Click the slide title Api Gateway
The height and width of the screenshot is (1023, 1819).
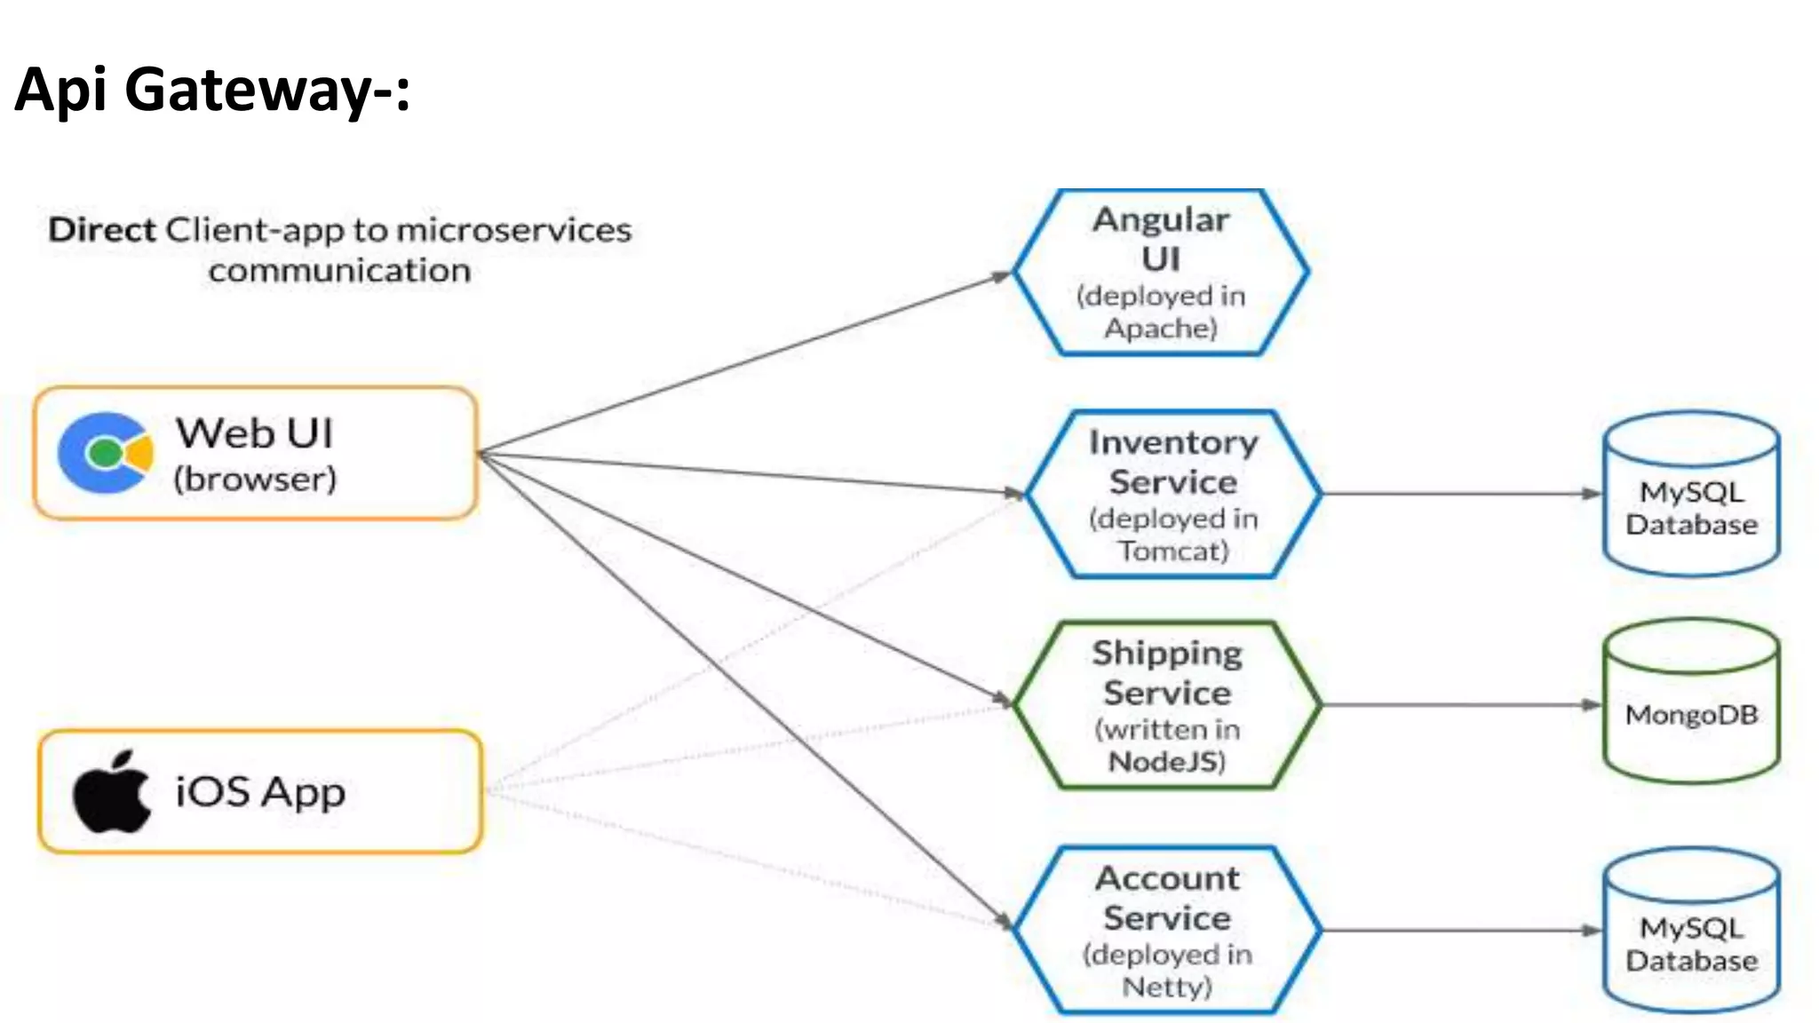click(x=212, y=90)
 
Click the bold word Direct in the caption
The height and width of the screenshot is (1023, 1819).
click(x=102, y=230)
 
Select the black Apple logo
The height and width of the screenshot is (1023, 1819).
click(x=112, y=792)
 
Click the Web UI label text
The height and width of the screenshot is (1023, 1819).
click(x=254, y=433)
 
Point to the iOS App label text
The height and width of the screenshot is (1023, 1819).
click(x=260, y=792)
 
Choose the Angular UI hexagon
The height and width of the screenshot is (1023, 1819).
click(x=1160, y=272)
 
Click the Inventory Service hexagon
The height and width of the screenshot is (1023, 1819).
click(x=1172, y=494)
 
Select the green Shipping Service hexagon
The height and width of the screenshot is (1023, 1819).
click(x=1167, y=705)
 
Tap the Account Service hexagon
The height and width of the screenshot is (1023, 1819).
click(x=1167, y=930)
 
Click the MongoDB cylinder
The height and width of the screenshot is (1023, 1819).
click(x=1691, y=702)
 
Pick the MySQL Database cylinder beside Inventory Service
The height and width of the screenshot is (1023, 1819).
click(x=1691, y=495)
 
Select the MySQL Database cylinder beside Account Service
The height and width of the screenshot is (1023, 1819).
click(x=1691, y=931)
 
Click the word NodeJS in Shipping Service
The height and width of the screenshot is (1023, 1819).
click(x=1165, y=762)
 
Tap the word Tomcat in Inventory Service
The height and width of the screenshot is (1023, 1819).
click(x=1172, y=551)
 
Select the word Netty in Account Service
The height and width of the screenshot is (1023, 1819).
click(x=1166, y=987)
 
